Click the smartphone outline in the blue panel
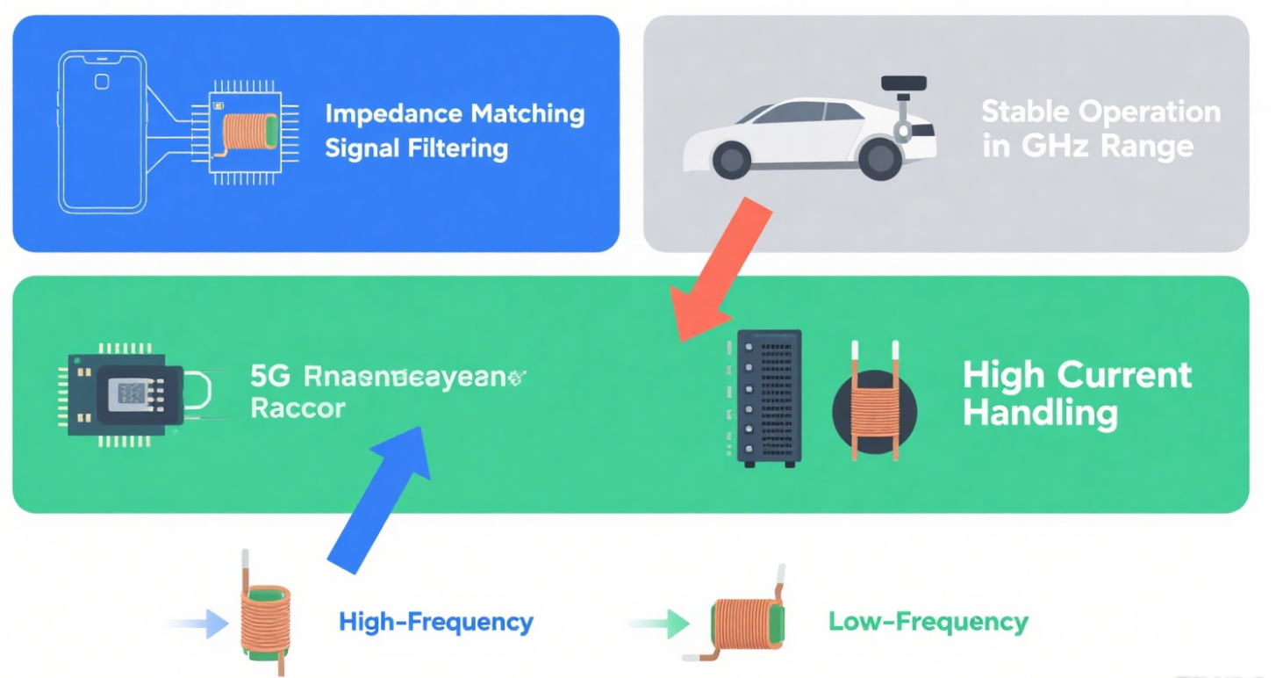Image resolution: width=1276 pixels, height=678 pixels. [x=101, y=132]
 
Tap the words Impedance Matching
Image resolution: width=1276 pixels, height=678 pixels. [x=455, y=114]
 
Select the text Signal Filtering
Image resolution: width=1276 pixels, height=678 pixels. [x=416, y=148]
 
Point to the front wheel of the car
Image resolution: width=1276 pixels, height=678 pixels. [x=731, y=159]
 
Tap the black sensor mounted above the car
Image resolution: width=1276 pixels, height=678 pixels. [x=904, y=85]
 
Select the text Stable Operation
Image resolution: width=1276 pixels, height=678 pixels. [x=1100, y=112]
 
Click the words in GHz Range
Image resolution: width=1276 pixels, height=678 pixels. [x=1087, y=146]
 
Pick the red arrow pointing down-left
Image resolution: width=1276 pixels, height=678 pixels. [x=724, y=272]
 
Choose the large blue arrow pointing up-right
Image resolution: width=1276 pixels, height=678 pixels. [x=379, y=497]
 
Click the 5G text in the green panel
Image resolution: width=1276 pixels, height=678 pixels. [x=269, y=377]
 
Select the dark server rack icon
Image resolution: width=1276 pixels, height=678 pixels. [x=769, y=397]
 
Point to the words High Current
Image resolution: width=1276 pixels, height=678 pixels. [x=1077, y=375]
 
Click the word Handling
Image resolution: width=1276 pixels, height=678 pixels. [x=1040, y=412]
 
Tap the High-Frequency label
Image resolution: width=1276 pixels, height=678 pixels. [x=435, y=623]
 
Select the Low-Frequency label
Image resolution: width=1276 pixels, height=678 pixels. [x=928, y=623]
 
